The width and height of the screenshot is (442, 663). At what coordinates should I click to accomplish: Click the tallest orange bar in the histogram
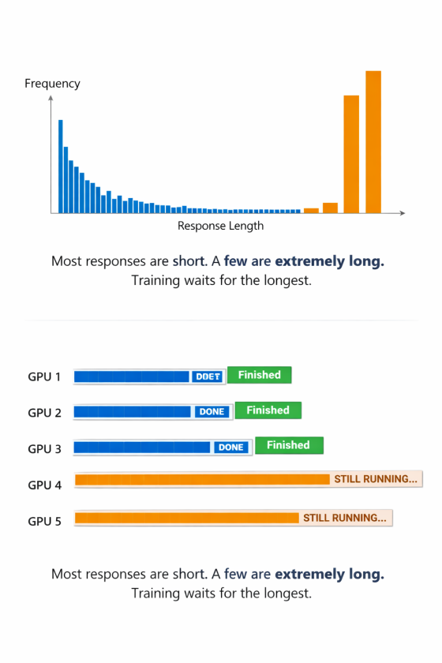[x=373, y=141]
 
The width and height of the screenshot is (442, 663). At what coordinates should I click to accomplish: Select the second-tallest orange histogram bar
[x=351, y=154]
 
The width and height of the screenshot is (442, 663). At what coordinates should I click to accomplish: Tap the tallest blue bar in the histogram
[x=61, y=167]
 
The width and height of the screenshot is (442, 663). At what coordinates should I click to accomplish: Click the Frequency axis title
[x=52, y=84]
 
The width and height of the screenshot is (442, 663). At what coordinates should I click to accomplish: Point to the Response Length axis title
[x=220, y=226]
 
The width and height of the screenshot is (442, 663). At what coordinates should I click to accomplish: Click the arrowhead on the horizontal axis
[x=403, y=212]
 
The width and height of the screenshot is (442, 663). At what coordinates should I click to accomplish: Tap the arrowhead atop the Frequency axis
[x=51, y=98]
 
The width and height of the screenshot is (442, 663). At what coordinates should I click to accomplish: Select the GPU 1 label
[x=44, y=376]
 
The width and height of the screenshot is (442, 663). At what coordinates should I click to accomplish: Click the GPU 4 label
[x=44, y=485]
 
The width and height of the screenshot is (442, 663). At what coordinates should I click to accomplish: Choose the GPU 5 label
[x=44, y=522]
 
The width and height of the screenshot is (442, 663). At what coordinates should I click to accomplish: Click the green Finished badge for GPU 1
[x=259, y=375]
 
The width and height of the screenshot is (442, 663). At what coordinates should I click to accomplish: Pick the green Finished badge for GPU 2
[x=268, y=410]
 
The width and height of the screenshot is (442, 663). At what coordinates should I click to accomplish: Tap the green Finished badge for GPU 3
[x=290, y=445]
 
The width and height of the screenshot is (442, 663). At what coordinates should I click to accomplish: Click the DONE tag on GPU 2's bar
[x=212, y=412]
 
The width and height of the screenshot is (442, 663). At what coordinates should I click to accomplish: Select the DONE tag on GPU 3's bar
[x=231, y=448]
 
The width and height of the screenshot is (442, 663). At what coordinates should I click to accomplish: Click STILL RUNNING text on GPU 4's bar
[x=376, y=479]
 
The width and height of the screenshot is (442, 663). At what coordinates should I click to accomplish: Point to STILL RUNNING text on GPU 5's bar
[x=345, y=518]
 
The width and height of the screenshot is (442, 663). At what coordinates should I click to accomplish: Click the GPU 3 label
[x=44, y=449]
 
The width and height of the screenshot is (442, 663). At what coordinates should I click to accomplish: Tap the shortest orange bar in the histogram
[x=311, y=211]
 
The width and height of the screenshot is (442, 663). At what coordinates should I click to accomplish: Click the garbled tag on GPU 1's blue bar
[x=208, y=376]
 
